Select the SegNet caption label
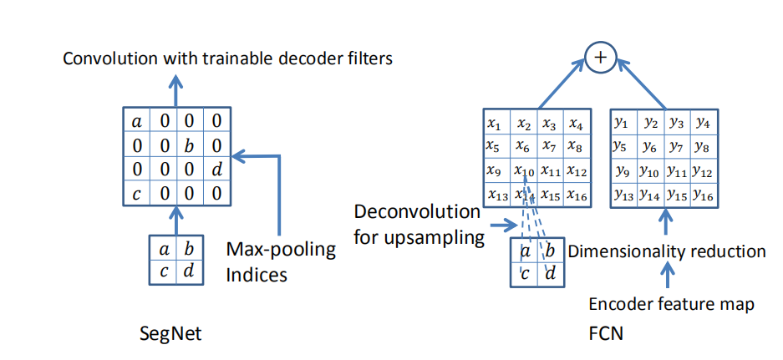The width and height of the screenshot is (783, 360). [170, 334]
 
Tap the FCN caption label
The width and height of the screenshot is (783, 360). [605, 334]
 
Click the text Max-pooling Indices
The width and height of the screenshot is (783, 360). [281, 261]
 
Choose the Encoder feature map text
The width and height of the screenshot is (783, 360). [671, 304]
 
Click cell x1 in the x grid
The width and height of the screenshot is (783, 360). [495, 123]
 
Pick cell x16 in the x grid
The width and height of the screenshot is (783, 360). [576, 194]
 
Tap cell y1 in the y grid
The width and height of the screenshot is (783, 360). [621, 123]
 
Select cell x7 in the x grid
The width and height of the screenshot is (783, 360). [549, 147]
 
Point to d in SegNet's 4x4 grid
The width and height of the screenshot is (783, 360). [216, 171]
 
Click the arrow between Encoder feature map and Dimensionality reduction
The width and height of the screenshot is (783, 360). [666, 276]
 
